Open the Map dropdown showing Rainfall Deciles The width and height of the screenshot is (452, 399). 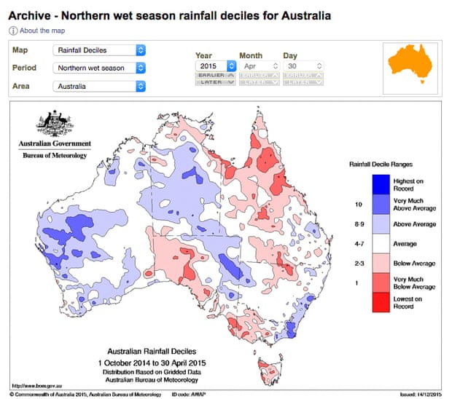tap(99, 50)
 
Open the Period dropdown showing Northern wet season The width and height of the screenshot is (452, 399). tap(99, 68)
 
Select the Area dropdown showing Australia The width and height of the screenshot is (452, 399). tap(99, 86)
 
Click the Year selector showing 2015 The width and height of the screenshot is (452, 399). tap(215, 66)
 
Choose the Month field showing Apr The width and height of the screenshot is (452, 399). tap(259, 66)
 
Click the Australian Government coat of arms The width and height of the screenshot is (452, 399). tap(52, 124)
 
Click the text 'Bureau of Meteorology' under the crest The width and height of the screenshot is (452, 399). tap(52, 155)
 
